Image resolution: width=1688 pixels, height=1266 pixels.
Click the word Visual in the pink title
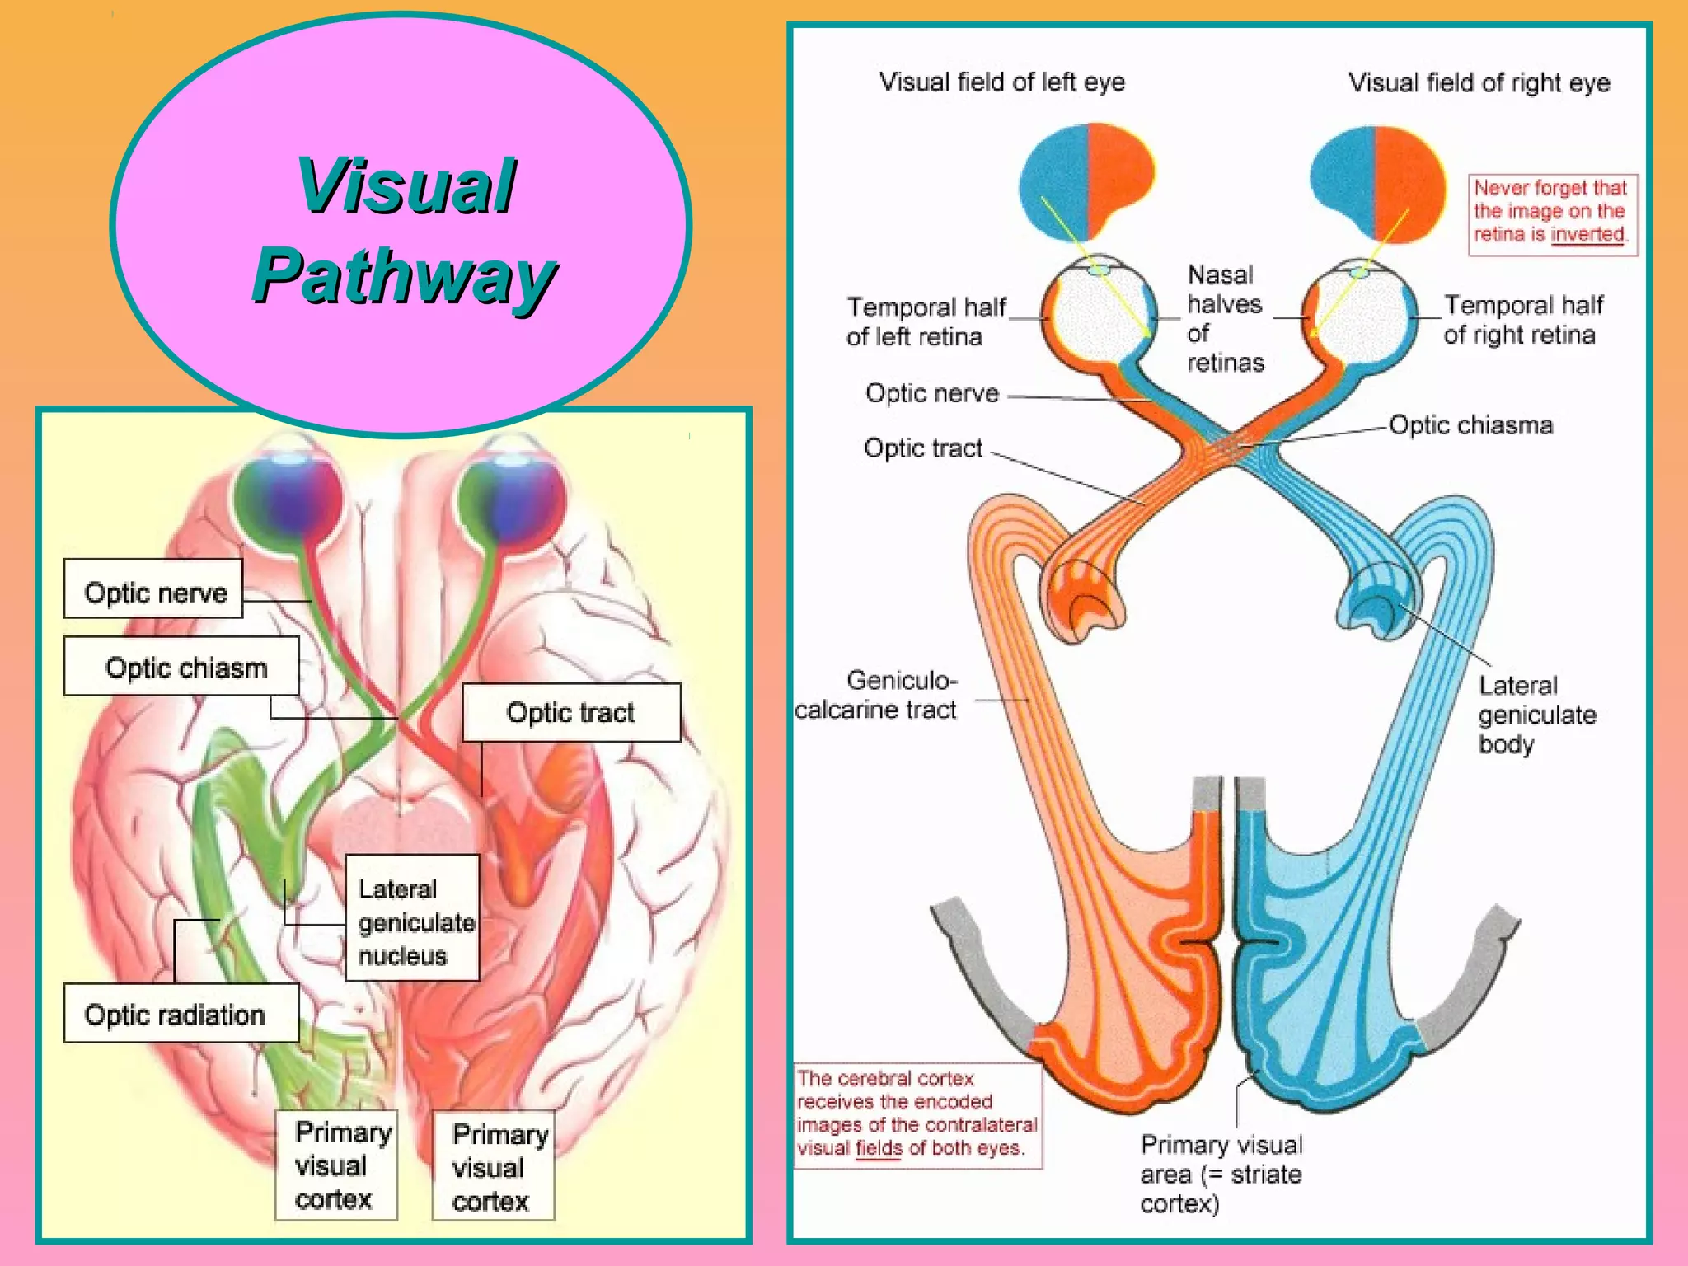(x=406, y=186)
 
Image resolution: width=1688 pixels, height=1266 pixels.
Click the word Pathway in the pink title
(x=404, y=277)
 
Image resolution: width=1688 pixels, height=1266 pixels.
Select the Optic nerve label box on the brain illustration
(x=153, y=589)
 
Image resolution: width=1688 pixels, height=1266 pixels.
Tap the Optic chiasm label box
(x=181, y=666)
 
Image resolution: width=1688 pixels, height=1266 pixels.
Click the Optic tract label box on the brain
(x=571, y=712)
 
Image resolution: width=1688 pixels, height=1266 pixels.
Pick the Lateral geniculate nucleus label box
(x=412, y=918)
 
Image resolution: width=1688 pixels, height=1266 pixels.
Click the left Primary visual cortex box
(x=335, y=1165)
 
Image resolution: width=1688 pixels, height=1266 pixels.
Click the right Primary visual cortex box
(x=493, y=1166)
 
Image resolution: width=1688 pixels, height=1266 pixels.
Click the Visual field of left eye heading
(x=1001, y=82)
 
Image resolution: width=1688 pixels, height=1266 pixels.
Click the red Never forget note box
(x=1551, y=213)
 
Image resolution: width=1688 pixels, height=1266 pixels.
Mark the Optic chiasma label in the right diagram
(x=1470, y=425)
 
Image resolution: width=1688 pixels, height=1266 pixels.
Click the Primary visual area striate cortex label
(x=1220, y=1174)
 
